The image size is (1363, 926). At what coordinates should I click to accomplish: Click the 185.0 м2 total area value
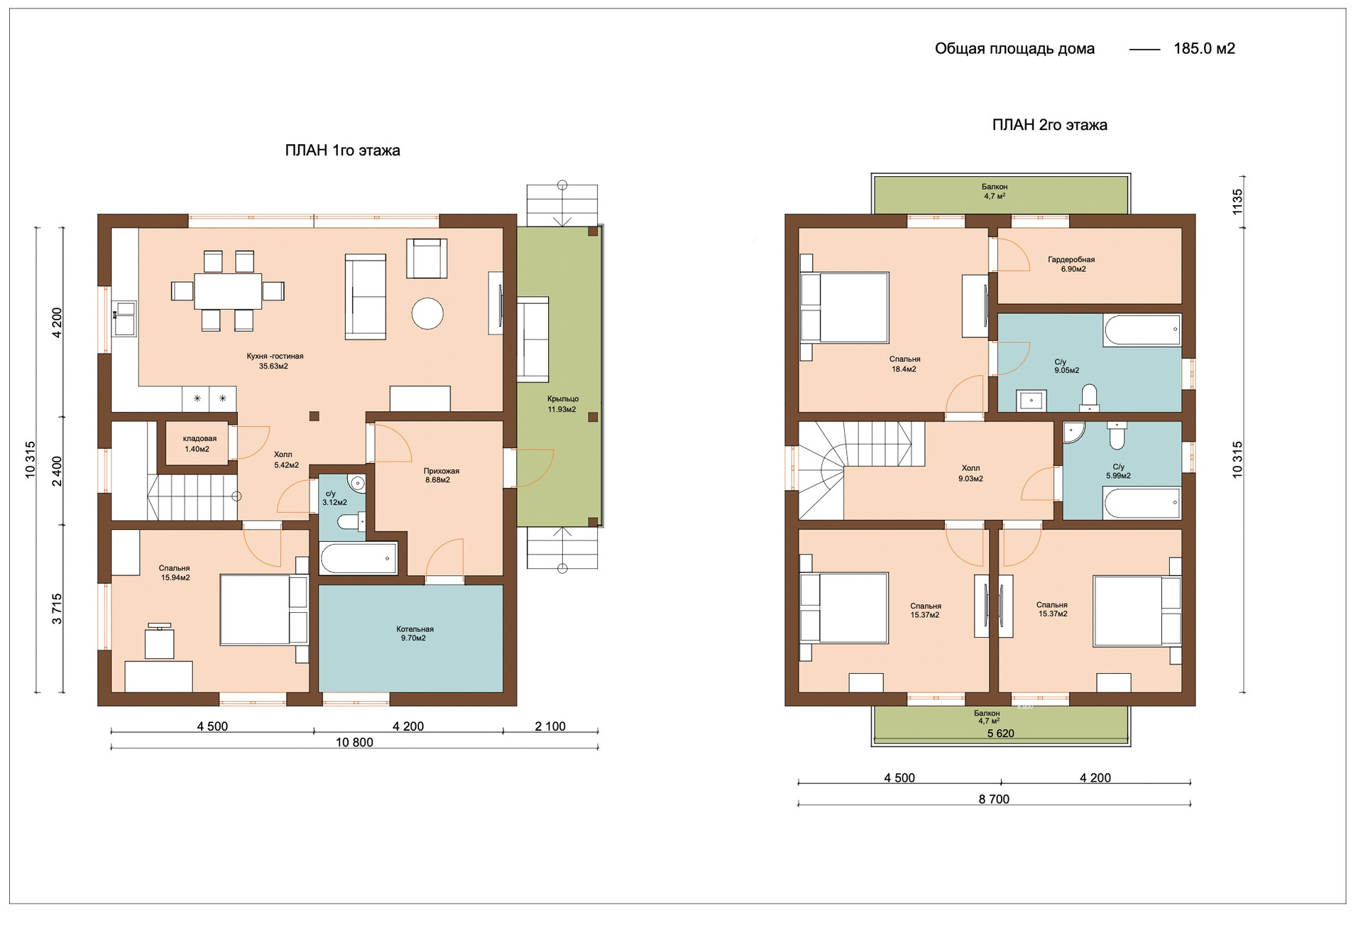1204,48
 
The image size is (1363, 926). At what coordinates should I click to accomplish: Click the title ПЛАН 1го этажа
342,150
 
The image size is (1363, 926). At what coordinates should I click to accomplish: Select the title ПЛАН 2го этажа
1049,125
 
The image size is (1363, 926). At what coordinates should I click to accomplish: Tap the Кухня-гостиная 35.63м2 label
275,361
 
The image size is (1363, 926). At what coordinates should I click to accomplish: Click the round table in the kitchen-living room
427,313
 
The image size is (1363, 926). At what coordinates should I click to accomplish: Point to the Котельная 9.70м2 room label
415,633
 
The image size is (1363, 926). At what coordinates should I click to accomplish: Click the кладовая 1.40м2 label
199,444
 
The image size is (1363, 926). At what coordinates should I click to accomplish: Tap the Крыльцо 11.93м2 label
562,404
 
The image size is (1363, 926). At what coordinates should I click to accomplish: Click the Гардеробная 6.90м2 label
1071,264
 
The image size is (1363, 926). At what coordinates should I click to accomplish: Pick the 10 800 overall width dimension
354,742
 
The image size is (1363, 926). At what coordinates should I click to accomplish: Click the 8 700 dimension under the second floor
994,799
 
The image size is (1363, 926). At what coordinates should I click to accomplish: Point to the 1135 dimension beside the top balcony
1237,202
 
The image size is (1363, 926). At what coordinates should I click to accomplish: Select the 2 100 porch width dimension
550,726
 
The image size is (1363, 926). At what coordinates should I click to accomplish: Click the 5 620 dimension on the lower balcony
1000,734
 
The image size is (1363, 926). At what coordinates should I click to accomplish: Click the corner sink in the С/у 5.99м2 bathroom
1073,432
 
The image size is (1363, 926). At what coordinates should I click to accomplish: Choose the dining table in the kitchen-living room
228,291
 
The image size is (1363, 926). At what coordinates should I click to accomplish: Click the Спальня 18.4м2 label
904,364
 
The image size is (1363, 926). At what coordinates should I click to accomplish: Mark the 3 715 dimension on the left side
57,609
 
